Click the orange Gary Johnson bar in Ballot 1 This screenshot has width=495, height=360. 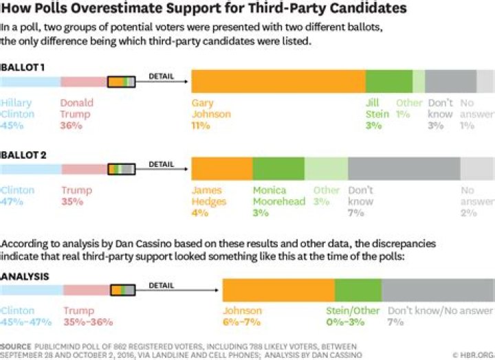point(278,81)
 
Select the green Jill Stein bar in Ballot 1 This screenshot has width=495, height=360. point(388,81)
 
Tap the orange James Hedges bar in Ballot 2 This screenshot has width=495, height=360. point(221,168)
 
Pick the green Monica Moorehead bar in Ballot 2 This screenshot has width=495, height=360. point(278,168)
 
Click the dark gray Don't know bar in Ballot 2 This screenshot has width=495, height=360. point(404,168)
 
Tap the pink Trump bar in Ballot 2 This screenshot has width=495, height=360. point(82,169)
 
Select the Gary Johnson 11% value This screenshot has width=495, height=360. point(201,126)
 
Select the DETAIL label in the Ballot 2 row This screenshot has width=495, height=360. point(161,164)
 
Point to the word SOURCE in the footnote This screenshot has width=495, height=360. point(16,345)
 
